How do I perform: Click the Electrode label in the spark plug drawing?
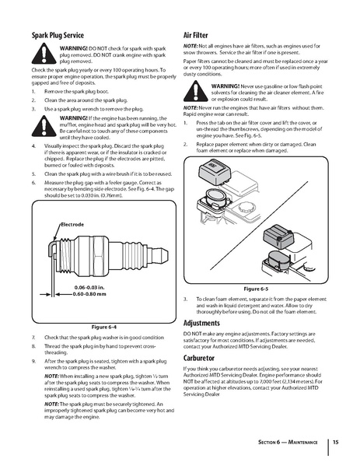click(x=72, y=223)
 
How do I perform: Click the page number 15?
click(x=335, y=443)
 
